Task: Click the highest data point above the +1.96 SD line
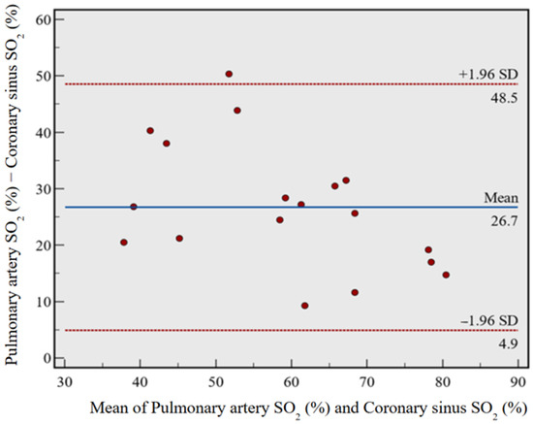229,74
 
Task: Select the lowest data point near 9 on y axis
305,306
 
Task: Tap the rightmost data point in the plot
446,275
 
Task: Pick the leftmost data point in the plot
124,243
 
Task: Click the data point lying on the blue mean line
134,207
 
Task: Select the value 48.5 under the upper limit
505,95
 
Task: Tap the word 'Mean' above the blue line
503,197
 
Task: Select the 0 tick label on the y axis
47,358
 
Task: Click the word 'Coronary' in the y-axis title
15,154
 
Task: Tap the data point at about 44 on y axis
237,111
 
